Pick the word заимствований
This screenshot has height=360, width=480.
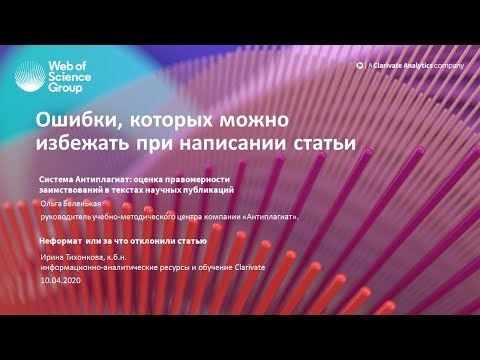[75, 188]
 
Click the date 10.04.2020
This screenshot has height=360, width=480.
[59, 279]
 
